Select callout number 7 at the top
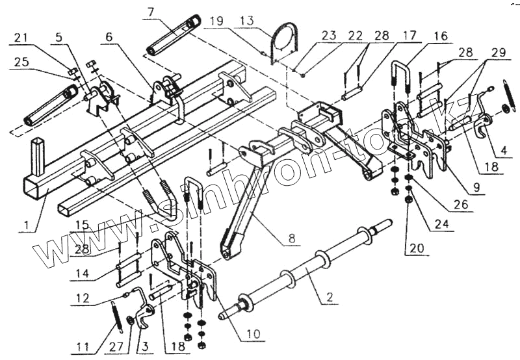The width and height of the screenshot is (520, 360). [x=151, y=11]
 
